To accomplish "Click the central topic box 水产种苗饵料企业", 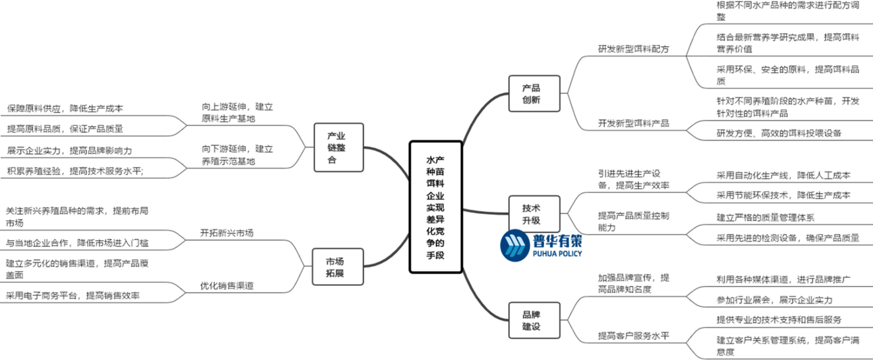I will pos(435,207).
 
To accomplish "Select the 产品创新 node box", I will pos(534,93).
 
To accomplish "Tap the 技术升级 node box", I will pos(534,214).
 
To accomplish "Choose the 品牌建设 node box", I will pos(534,320).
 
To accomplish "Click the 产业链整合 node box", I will pos(338,147).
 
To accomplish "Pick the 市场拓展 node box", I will pos(338,267).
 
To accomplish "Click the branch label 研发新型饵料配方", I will pos(634,49).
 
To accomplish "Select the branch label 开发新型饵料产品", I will pos(634,123).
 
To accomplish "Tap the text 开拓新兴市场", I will pos(227,233).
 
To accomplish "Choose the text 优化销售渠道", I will pos(227,286).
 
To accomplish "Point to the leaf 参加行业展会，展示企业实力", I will pos(774,300).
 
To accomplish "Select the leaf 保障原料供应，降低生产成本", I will pos(65,109).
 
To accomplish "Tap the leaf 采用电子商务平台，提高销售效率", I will pos(73,296).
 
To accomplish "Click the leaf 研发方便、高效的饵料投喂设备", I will pos(779,132).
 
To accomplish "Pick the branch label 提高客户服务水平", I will pos(634,335).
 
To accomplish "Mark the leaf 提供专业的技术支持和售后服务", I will pos(779,320).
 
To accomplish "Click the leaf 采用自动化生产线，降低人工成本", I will pos(783,175).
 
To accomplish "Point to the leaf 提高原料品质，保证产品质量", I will pos(65,129).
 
